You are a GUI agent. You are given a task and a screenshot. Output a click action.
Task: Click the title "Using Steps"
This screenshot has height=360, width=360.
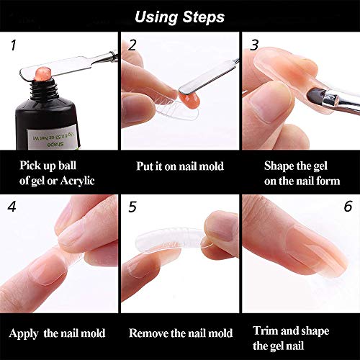click(x=180, y=16)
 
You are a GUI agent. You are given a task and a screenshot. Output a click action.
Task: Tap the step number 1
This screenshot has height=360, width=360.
click(x=12, y=45)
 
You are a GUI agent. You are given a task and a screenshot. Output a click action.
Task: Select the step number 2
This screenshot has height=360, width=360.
click(x=132, y=45)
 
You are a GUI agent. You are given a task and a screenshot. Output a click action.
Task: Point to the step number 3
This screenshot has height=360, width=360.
click(x=254, y=45)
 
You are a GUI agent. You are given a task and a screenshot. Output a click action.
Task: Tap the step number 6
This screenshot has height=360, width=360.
click(x=348, y=206)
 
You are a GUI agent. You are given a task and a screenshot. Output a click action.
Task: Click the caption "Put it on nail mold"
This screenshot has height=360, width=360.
click(x=180, y=166)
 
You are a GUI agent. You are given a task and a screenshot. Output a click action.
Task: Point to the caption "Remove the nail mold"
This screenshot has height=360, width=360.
click(x=181, y=333)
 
